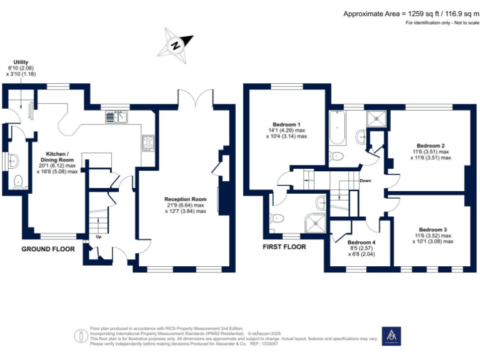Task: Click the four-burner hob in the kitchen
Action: [148, 142]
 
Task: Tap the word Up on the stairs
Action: [99, 236]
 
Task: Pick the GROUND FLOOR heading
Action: [48, 249]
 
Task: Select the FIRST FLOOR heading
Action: [284, 247]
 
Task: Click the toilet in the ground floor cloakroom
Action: [17, 182]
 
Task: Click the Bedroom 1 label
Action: [286, 124]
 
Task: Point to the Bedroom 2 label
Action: [431, 146]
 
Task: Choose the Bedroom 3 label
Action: [432, 229]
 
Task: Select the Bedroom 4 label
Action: [361, 242]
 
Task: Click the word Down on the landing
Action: [366, 181]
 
